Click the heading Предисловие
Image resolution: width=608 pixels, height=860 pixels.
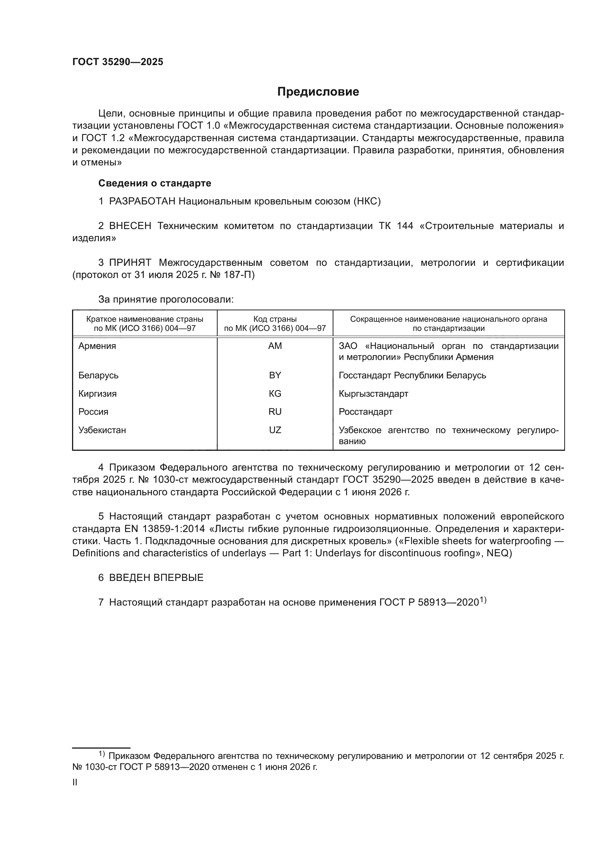318,92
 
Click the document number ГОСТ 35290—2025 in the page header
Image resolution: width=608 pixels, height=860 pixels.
118,62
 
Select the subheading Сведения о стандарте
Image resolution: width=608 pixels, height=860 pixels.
155,183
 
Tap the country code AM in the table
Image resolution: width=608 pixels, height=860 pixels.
275,346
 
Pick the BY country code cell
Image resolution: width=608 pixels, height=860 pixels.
275,375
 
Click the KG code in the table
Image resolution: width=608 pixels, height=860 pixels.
275,394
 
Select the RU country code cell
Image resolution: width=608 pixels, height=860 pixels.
275,412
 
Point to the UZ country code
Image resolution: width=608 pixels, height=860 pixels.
275,430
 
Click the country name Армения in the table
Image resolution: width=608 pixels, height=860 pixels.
97,346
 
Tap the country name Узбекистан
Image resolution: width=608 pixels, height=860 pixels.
102,430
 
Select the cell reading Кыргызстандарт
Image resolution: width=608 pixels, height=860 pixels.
373,394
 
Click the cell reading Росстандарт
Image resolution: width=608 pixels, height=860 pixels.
365,412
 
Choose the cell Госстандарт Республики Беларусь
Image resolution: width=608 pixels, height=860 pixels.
412,375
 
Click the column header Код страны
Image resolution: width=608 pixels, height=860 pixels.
275,319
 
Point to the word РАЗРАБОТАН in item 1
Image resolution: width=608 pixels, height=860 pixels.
142,201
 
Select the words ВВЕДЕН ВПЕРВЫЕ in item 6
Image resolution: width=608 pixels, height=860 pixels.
156,578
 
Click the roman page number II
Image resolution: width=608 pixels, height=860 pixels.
75,782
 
